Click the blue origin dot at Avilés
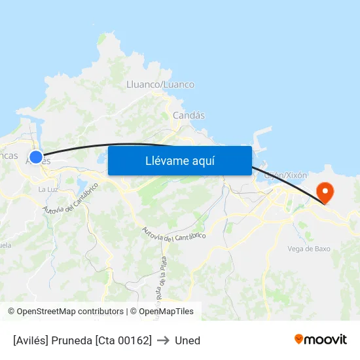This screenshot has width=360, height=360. (36, 157)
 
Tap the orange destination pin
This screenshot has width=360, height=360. (325, 192)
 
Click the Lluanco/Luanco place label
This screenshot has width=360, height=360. (160, 84)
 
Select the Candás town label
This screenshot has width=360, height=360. (189, 115)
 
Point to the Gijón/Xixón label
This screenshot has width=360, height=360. (285, 175)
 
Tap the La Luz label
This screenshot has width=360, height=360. (48, 189)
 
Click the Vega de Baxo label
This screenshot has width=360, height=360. (309, 249)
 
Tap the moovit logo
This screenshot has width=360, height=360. (321, 339)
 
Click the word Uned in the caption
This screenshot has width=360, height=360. (187, 340)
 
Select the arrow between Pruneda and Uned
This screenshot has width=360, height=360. (163, 340)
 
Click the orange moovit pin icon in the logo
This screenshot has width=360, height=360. (299, 339)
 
